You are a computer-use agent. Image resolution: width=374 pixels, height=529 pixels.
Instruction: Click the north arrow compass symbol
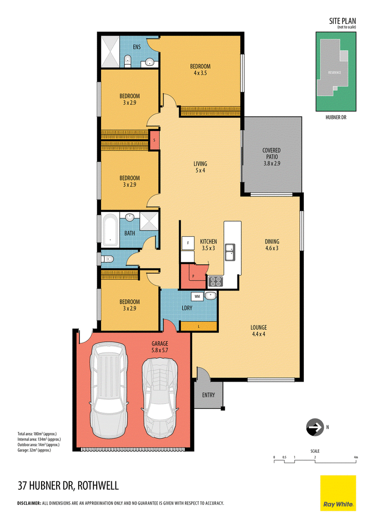coord(314,427)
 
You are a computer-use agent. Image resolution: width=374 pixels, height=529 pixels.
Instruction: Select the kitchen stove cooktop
coord(216,281)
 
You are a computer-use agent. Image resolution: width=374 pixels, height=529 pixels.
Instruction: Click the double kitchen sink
coord(230,252)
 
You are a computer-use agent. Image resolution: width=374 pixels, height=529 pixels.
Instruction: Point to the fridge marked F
coord(187,243)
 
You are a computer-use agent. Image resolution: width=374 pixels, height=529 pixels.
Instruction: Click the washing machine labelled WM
coord(196,296)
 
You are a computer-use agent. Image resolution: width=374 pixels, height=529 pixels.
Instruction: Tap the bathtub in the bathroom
coord(110,230)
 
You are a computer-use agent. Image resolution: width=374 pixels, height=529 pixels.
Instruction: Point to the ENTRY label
coord(209,395)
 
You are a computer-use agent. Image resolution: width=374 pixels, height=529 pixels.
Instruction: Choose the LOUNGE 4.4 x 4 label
coord(258,331)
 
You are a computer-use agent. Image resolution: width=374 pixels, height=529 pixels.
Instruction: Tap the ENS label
coord(137,47)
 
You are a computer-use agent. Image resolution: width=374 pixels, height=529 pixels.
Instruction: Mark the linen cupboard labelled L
coord(199,326)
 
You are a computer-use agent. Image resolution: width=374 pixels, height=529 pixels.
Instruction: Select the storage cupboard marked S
coord(154,139)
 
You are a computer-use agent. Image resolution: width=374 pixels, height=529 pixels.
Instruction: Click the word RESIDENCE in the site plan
coord(334,72)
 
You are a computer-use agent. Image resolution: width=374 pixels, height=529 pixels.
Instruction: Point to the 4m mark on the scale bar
coord(356,457)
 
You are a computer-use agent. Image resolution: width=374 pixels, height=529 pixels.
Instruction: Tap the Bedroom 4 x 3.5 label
coord(200,69)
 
